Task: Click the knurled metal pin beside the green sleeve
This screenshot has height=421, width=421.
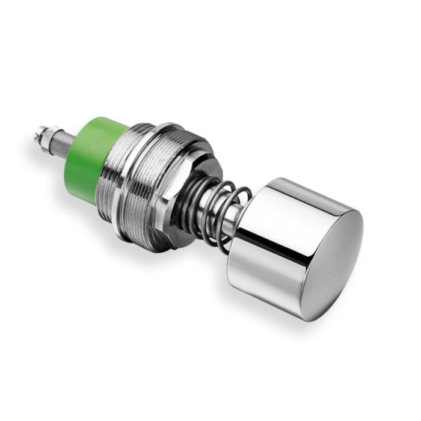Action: [x=60, y=141]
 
